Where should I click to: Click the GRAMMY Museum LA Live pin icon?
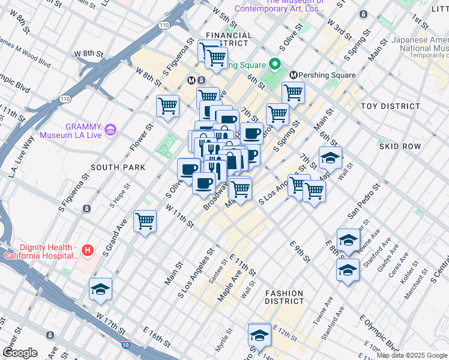click(110, 129)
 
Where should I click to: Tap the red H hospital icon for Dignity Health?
click(88, 250)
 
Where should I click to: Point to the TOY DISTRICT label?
click(386, 106)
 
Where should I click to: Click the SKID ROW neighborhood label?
click(398, 146)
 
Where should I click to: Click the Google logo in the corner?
click(20, 352)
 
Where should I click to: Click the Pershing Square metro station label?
click(328, 75)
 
